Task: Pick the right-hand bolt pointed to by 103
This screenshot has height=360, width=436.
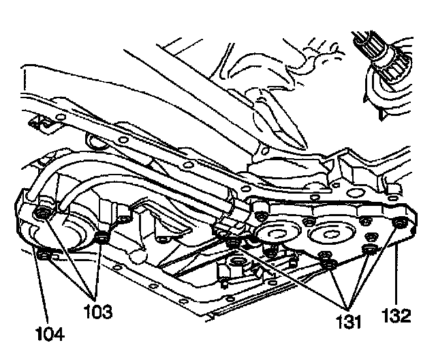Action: pos(103,237)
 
